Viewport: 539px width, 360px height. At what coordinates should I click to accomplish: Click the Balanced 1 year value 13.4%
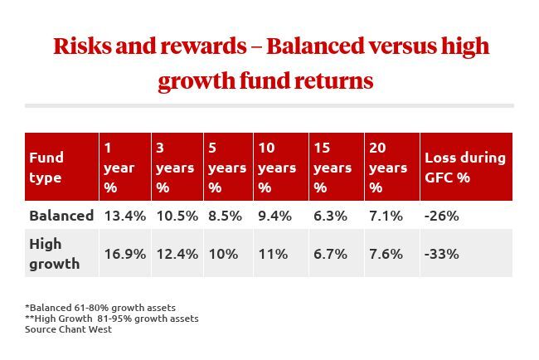tap(124, 216)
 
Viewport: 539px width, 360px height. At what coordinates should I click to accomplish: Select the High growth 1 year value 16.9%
tap(124, 253)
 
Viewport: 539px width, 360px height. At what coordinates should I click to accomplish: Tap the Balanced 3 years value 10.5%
tap(176, 216)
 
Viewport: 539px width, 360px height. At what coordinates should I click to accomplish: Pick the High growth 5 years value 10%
tap(222, 253)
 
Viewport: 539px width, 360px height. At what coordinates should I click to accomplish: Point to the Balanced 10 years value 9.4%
tap(276, 216)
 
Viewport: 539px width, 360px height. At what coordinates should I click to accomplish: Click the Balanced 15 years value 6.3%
tap(331, 216)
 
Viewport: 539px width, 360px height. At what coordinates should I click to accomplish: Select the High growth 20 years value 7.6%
tap(386, 253)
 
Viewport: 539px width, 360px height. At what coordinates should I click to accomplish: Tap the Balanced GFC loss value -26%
tap(441, 216)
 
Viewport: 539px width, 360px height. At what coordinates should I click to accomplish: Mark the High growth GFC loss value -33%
tap(441, 253)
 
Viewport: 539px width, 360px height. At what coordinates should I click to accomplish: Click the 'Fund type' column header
tap(46, 168)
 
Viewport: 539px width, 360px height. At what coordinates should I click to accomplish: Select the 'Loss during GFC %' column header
tap(464, 168)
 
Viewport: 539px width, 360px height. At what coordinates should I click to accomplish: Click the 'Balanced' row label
tap(61, 216)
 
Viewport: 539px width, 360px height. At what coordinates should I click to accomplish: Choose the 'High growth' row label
tap(55, 254)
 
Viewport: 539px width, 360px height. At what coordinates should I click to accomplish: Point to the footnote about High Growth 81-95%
tap(112, 319)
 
